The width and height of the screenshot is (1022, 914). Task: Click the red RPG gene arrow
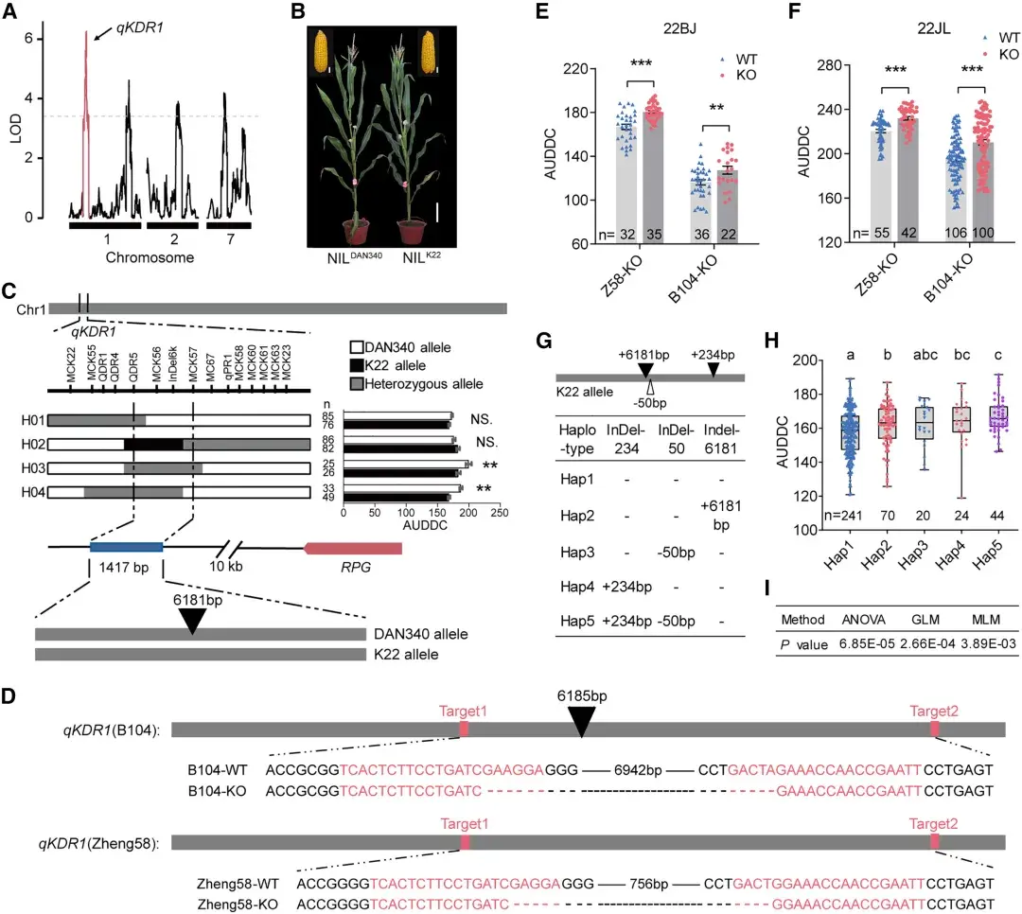click(352, 548)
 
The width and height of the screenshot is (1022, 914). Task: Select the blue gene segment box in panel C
click(127, 548)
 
